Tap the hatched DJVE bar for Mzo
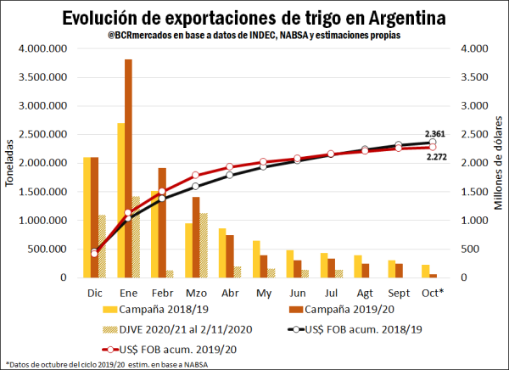click(x=203, y=245)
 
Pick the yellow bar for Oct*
click(x=426, y=271)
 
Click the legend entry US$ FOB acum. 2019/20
click(x=161, y=349)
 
